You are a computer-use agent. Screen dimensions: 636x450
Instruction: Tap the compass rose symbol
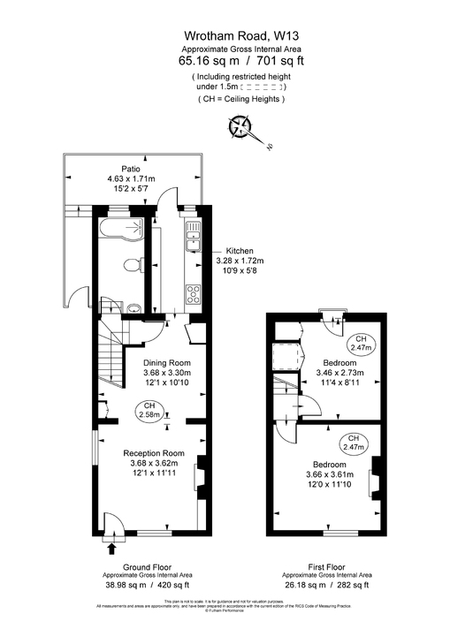coord(240,127)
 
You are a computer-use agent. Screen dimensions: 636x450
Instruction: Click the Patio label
coord(132,168)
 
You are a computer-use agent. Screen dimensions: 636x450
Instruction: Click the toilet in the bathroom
coord(130,265)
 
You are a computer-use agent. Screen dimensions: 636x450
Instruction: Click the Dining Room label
coord(167,363)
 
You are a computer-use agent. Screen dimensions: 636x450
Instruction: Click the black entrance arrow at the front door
coord(111,549)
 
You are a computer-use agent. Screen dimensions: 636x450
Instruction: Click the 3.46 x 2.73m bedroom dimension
coord(339,374)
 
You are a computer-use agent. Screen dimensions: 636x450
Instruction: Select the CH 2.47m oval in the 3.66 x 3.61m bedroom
coord(352,443)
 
